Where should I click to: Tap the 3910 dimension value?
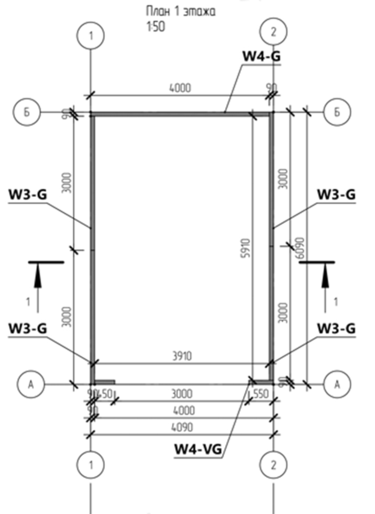point(183,356)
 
